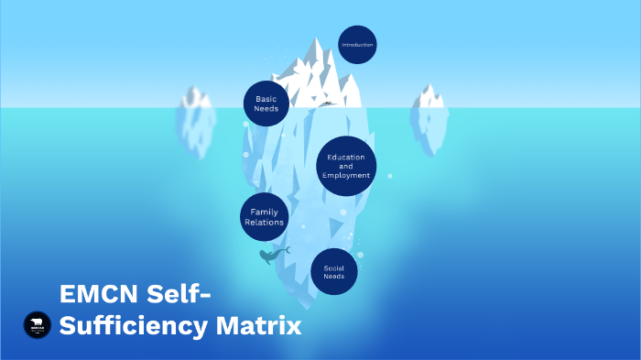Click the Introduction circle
[x=357, y=44]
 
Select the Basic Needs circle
[x=266, y=104]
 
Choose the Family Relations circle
[x=264, y=218]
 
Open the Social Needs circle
[x=333, y=272]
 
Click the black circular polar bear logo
[x=38, y=324]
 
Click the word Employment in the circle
[x=346, y=175]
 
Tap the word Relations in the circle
[x=264, y=223]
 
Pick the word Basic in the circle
[x=266, y=99]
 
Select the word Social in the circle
[x=333, y=267]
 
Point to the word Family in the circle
[x=264, y=213]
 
